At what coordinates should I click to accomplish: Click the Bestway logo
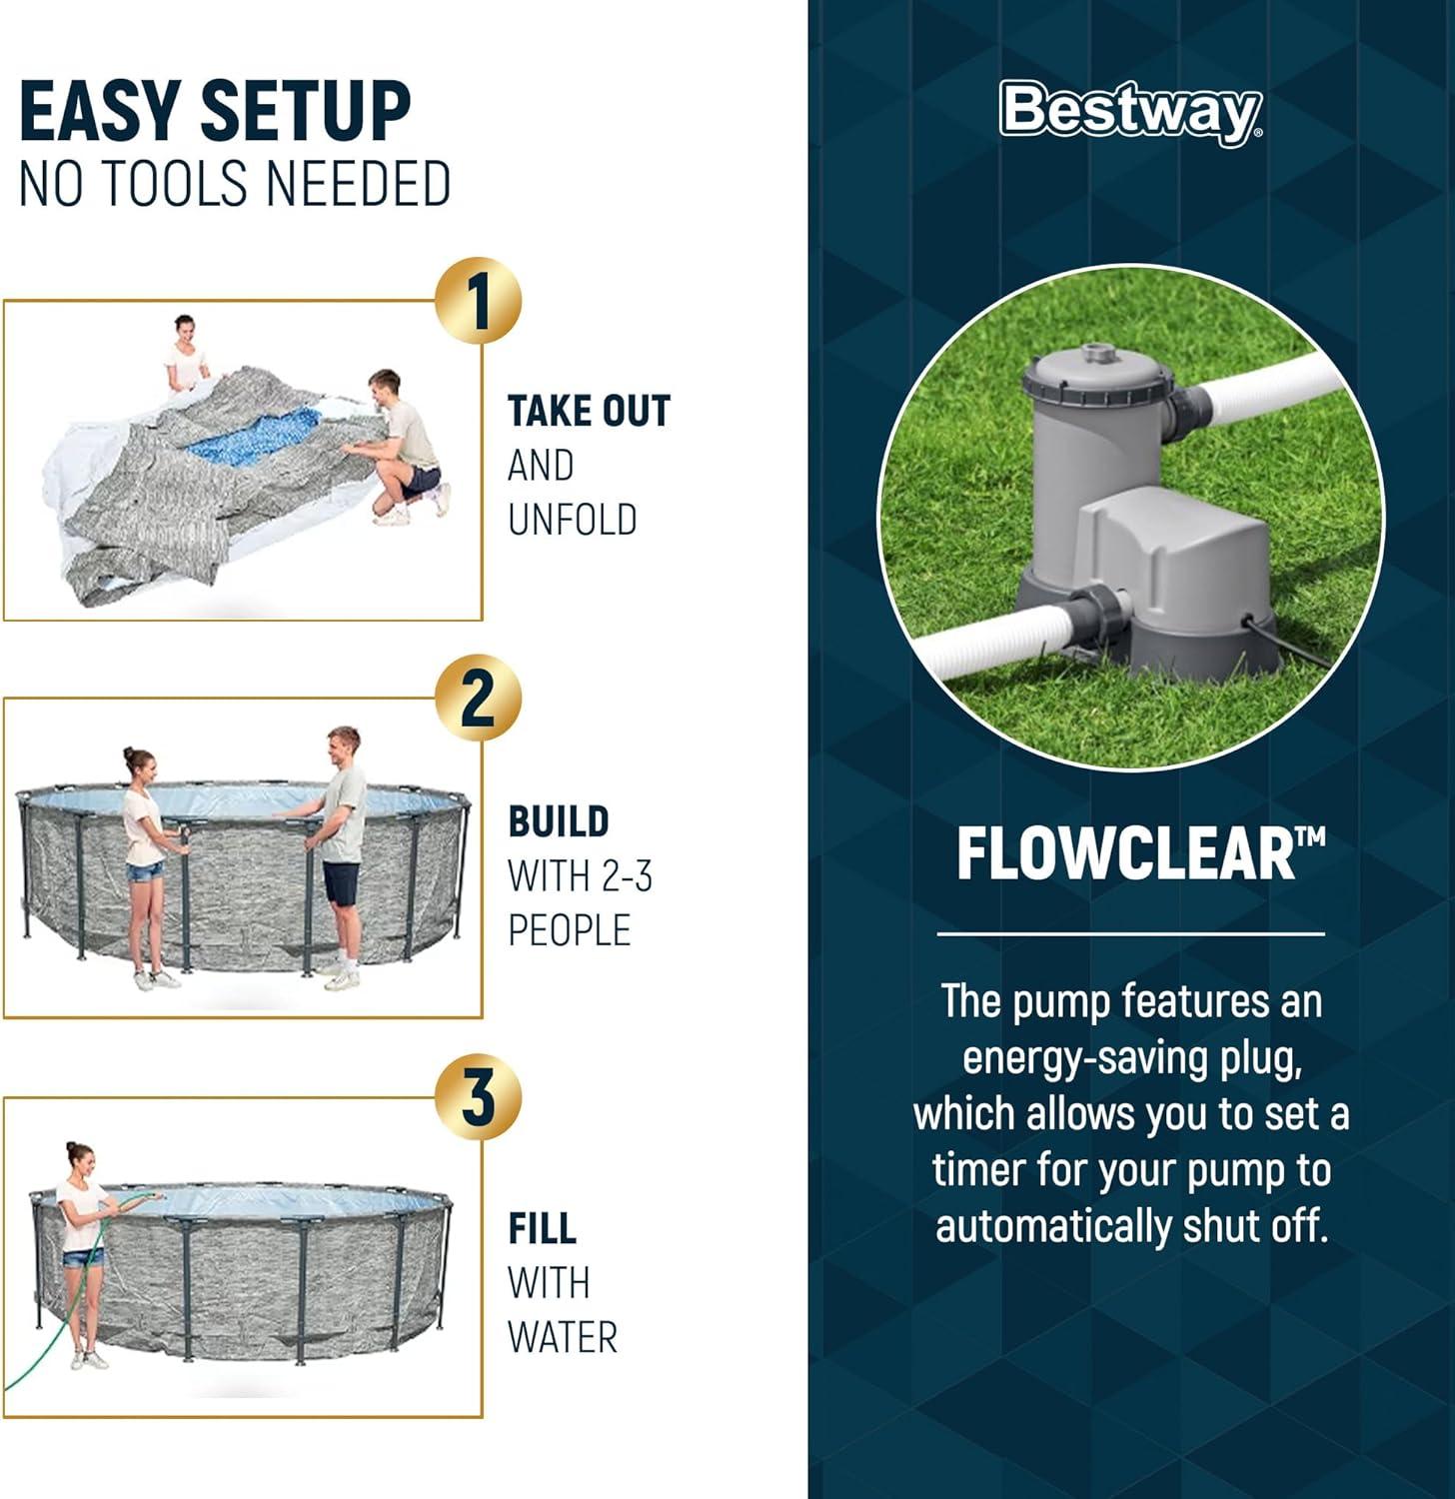[x=1131, y=112]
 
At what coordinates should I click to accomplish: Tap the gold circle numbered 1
[x=479, y=301]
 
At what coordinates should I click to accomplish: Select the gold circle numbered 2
[x=479, y=699]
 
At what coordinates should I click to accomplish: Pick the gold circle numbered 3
[x=479, y=1097]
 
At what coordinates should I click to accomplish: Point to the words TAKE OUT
[x=589, y=411]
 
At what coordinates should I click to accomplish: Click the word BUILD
[x=559, y=821]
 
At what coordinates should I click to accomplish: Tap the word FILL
[x=542, y=1228]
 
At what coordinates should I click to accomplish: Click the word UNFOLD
[x=572, y=520]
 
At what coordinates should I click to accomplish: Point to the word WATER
[x=563, y=1337]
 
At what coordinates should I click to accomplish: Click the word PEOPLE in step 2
[x=569, y=930]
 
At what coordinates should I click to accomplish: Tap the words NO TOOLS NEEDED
[x=235, y=184]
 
